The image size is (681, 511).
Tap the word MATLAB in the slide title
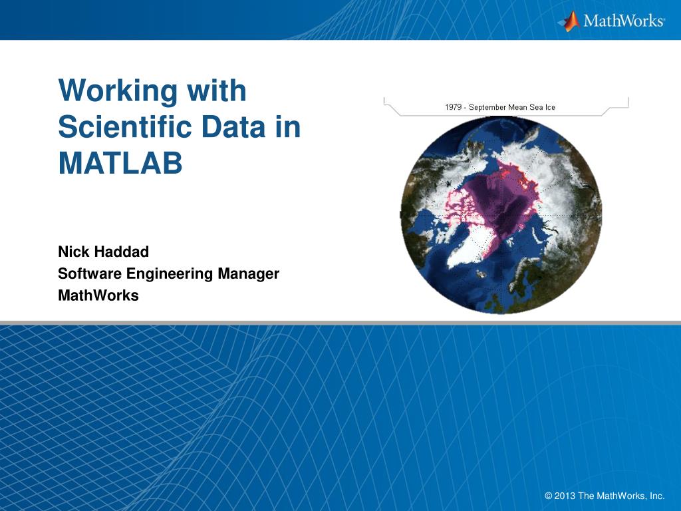coord(120,163)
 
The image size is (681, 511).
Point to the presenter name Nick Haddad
coord(103,252)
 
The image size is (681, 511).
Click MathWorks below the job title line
coord(98,295)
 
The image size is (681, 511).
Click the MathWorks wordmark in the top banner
coord(623,21)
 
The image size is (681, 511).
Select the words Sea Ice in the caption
coord(543,107)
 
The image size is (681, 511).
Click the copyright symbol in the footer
coord(549,496)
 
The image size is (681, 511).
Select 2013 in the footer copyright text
coord(564,496)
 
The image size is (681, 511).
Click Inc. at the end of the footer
coord(657,496)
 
